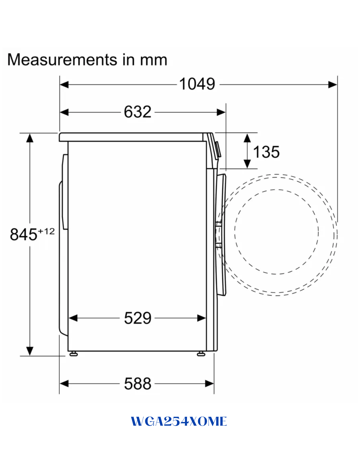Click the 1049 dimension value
pyautogui.click(x=197, y=84)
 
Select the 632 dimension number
pyautogui.click(x=137, y=112)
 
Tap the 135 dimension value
pyautogui.click(x=266, y=152)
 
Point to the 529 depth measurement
pyautogui.click(x=137, y=318)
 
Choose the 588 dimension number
pyautogui.click(x=137, y=384)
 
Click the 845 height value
pyautogui.click(x=23, y=234)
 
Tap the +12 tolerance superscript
pyautogui.click(x=46, y=231)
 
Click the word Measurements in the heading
pyautogui.click(x=62, y=60)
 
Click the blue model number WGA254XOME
pyautogui.click(x=179, y=421)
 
